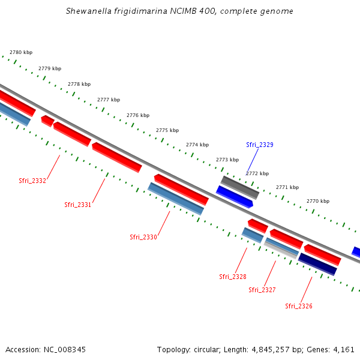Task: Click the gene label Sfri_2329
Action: (x=260, y=145)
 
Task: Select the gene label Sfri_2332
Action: (x=32, y=181)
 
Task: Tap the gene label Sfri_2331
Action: (x=78, y=205)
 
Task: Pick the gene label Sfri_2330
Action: (x=143, y=237)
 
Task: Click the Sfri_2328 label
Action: (x=233, y=277)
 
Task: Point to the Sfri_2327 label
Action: (x=262, y=290)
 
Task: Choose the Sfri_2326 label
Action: (x=299, y=306)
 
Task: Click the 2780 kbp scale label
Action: (x=21, y=53)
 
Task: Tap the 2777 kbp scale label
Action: (x=109, y=100)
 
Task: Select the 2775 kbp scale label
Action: (x=167, y=130)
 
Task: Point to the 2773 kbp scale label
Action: (x=227, y=160)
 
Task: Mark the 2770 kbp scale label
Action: (x=318, y=201)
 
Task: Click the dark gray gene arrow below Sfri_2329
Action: (x=240, y=187)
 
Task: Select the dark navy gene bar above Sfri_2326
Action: (x=317, y=264)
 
